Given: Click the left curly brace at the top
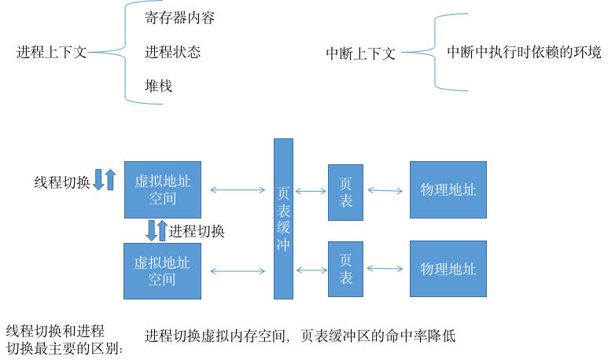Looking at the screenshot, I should [x=124, y=53].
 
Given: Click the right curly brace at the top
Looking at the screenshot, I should [x=435, y=52].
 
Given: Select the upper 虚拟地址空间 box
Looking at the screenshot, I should [x=162, y=189].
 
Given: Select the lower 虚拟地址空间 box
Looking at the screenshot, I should [x=162, y=271].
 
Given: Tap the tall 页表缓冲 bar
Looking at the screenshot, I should [x=283, y=219].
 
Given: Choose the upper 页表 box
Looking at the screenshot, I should [x=345, y=193].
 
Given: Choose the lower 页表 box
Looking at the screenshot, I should [x=345, y=270].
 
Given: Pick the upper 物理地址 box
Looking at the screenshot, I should [x=448, y=189].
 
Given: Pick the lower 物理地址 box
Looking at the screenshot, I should [x=448, y=269].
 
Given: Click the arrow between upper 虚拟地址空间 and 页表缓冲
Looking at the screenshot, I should [x=238, y=189].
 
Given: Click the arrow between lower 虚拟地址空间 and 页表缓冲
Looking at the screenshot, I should [x=238, y=271].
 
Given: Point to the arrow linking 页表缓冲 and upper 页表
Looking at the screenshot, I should [x=311, y=191].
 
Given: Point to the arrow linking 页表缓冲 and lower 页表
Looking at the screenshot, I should [x=311, y=270].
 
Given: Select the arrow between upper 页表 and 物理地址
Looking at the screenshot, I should [x=385, y=189].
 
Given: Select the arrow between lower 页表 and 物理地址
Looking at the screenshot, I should [x=385, y=269].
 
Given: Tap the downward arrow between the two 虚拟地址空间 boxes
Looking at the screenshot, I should [x=151, y=230].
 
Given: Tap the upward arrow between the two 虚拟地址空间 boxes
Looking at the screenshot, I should [x=163, y=230].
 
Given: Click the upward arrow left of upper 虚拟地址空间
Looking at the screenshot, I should [x=110, y=179].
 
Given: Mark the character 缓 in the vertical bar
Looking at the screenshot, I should [x=283, y=228].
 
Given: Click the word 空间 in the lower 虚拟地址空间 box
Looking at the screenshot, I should [x=162, y=280].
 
